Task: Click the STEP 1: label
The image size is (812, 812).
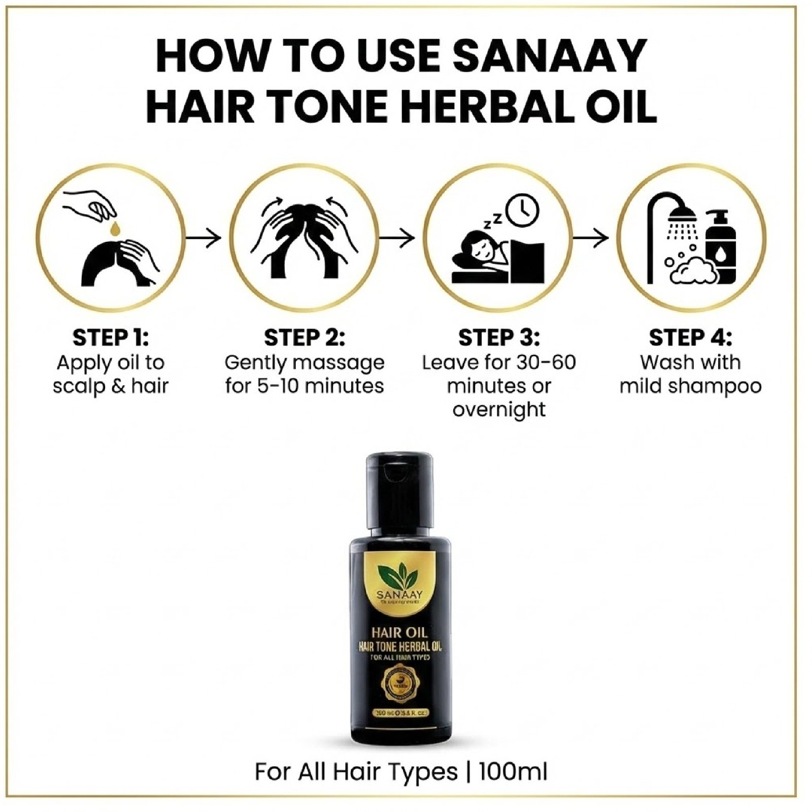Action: point(111,338)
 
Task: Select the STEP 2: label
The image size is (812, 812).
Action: point(304,338)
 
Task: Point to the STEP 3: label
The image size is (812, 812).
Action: point(499,338)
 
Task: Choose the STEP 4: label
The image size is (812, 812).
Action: point(691,338)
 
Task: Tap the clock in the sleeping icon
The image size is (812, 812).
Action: point(523,210)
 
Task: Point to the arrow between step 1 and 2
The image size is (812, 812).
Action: point(204,237)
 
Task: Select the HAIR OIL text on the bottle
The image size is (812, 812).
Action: point(399,632)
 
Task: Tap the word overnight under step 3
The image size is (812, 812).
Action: point(499,409)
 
